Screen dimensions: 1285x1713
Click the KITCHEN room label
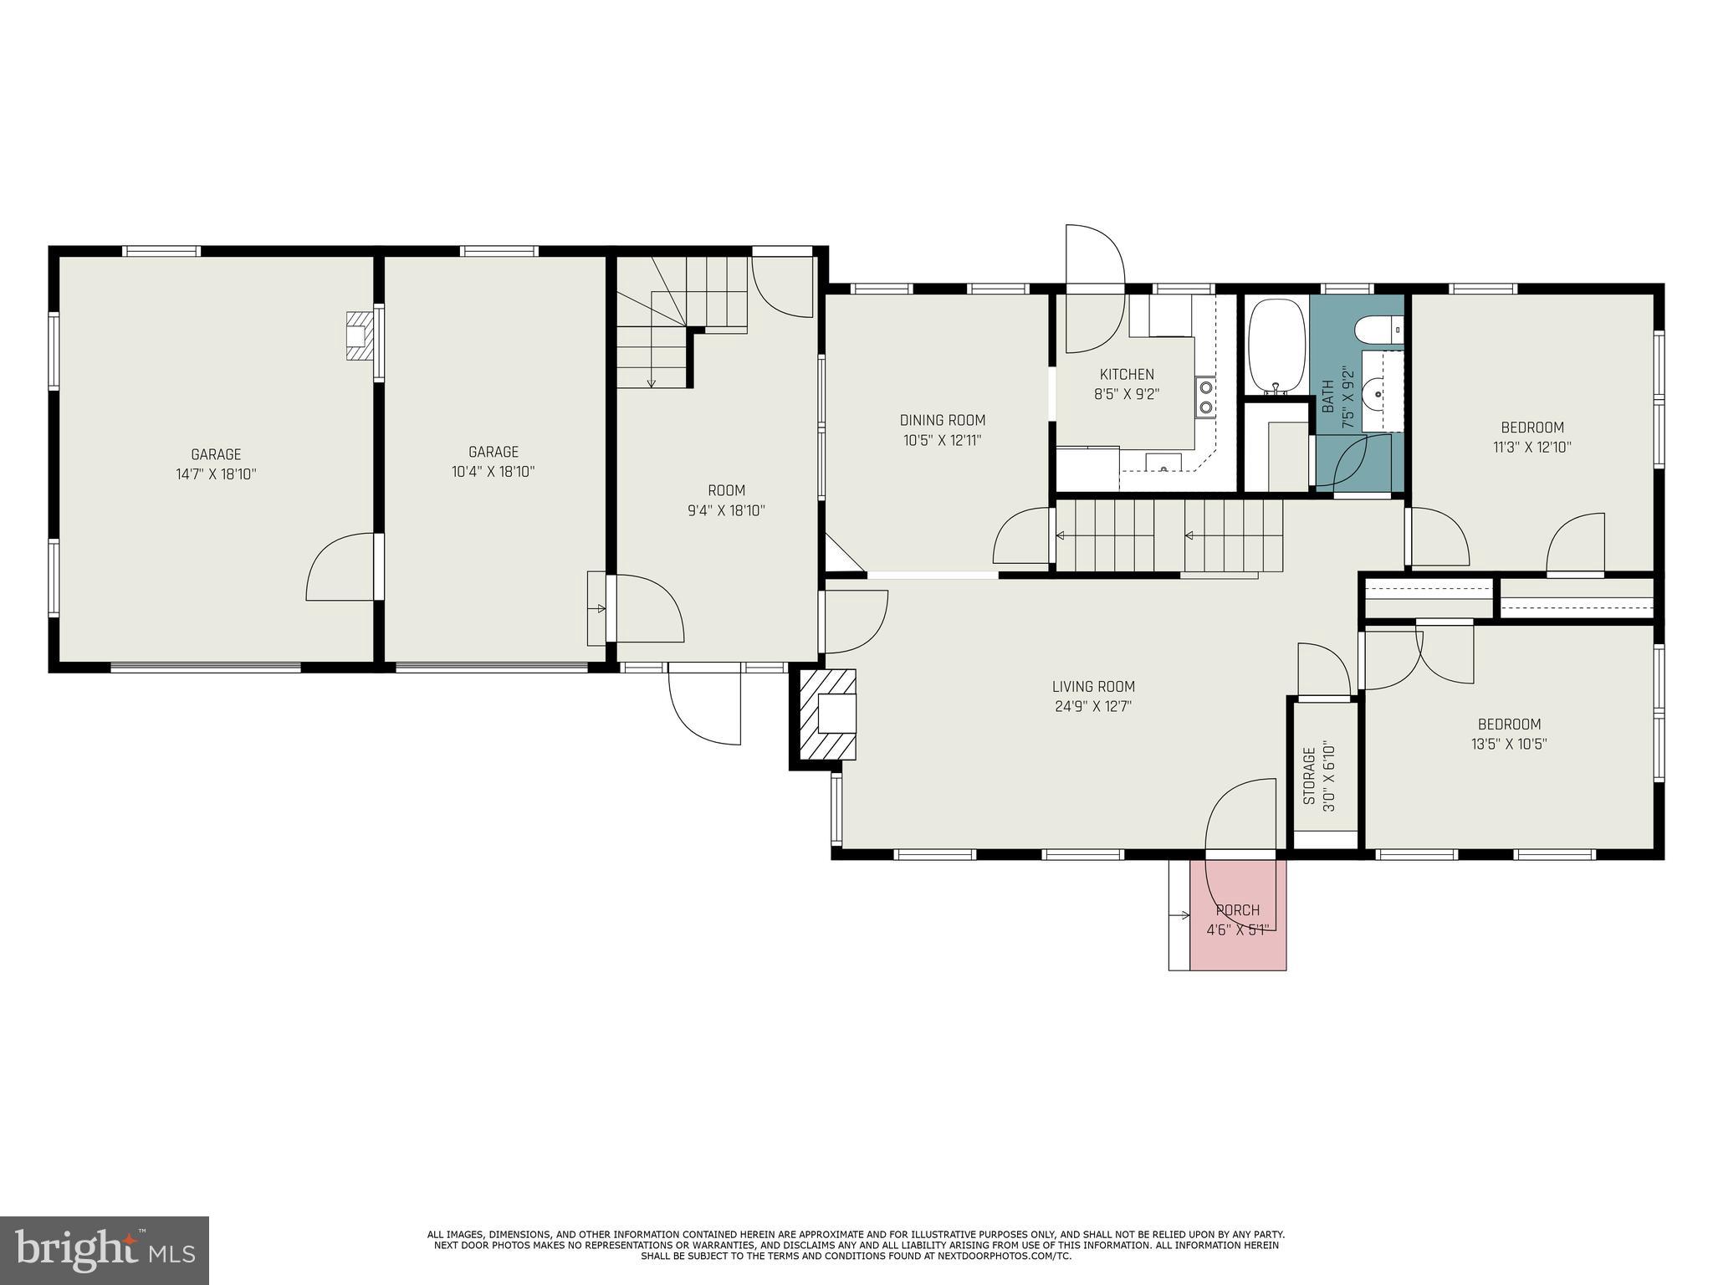coord(1126,375)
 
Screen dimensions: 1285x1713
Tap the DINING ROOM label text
coord(942,421)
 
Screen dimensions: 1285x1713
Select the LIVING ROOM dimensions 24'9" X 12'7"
coord(1093,706)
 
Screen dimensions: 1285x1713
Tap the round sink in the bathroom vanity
coord(1379,392)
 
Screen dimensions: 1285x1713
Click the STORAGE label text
coord(1310,776)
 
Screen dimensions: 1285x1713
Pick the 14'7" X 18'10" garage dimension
coord(216,474)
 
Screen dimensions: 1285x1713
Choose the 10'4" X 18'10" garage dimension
coord(493,472)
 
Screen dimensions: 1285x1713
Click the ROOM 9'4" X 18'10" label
coord(726,500)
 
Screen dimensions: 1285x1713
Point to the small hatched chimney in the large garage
coord(357,336)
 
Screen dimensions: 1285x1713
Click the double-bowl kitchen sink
coord(1206,397)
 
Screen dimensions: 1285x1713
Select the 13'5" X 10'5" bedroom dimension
coord(1509,744)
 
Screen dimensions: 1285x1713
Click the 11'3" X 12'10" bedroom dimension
coord(1531,447)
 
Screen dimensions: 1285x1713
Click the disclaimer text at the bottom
coord(856,1245)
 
